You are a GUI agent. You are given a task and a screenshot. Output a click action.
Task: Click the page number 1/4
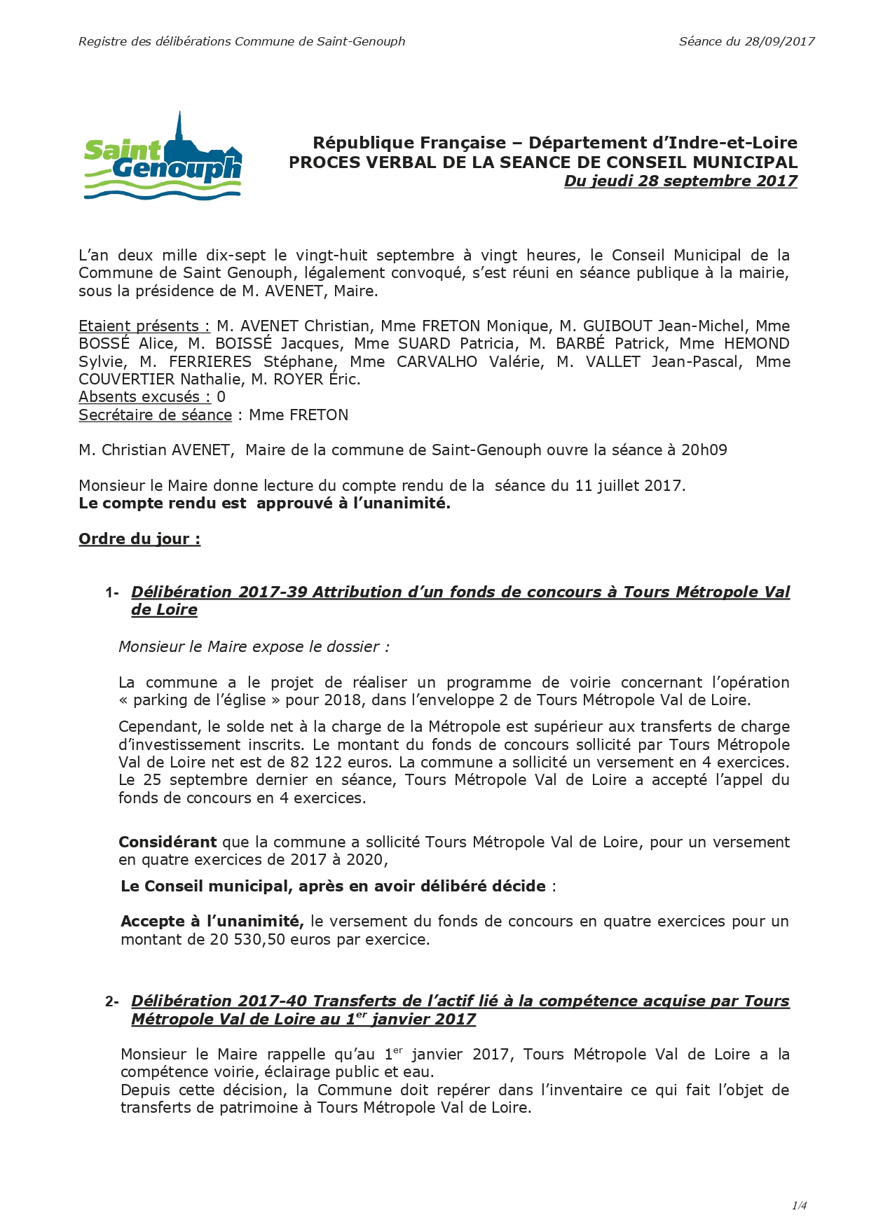coord(799,1205)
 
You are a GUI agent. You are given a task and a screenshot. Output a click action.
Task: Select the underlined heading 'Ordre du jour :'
coord(139,539)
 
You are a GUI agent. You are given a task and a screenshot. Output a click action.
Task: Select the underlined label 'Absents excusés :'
coord(144,396)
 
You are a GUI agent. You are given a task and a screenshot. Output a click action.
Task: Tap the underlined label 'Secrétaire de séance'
coord(155,415)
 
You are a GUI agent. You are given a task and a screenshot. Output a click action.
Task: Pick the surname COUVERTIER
coord(126,379)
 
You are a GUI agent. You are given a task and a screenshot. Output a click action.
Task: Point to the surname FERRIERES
coord(210,361)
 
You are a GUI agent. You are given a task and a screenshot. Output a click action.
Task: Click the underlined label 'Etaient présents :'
coord(144,326)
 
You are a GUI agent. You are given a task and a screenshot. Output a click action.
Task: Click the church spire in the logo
coord(180,126)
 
